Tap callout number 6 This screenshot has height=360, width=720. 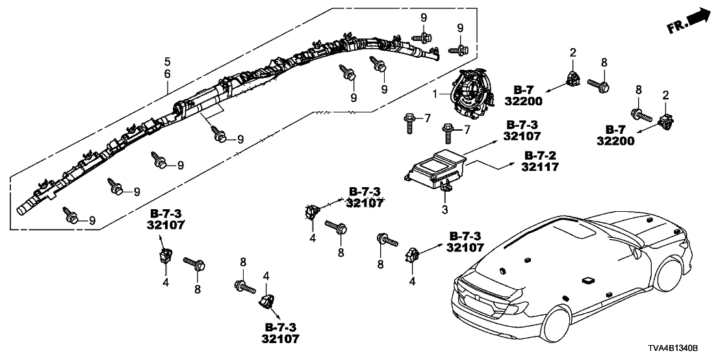(x=167, y=75)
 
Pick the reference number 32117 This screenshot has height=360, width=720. (x=539, y=167)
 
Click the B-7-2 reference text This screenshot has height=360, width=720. (x=539, y=156)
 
